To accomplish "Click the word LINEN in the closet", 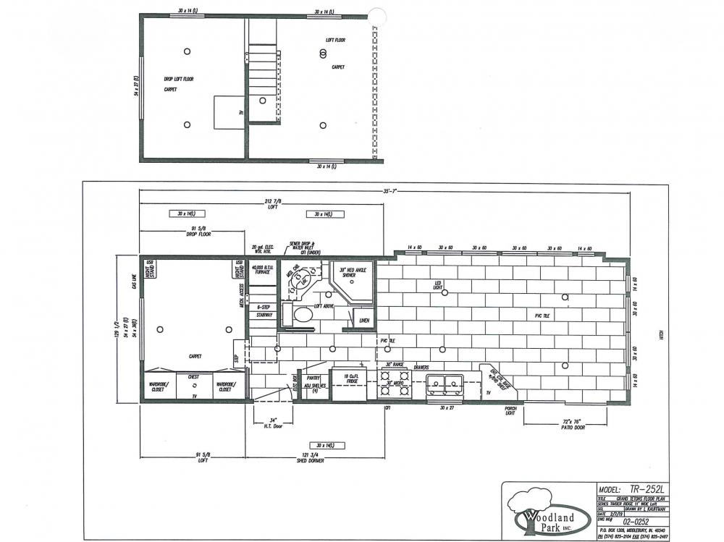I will click(364, 320).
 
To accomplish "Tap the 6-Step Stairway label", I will click(264, 311).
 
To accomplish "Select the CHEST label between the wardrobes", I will click(193, 376).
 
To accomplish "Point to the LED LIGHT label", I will click(438, 284).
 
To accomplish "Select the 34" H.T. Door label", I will click(272, 422).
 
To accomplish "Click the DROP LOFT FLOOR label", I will click(178, 79).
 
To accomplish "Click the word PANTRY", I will click(313, 376).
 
